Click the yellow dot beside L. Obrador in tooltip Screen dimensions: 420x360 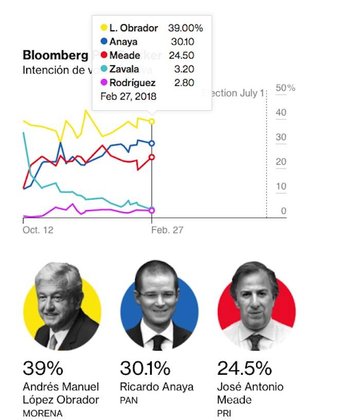[104, 28]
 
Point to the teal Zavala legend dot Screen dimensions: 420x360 [104, 69]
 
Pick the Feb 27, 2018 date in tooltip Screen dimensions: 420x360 [128, 96]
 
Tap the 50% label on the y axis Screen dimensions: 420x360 [285, 88]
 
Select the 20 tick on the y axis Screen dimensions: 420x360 [281, 162]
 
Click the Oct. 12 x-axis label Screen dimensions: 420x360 [38, 230]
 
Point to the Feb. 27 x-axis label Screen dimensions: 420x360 [167, 230]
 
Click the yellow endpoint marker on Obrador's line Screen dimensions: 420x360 [152, 121]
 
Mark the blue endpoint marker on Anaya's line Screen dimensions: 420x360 [152, 143]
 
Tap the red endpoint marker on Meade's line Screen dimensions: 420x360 [152, 157]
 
